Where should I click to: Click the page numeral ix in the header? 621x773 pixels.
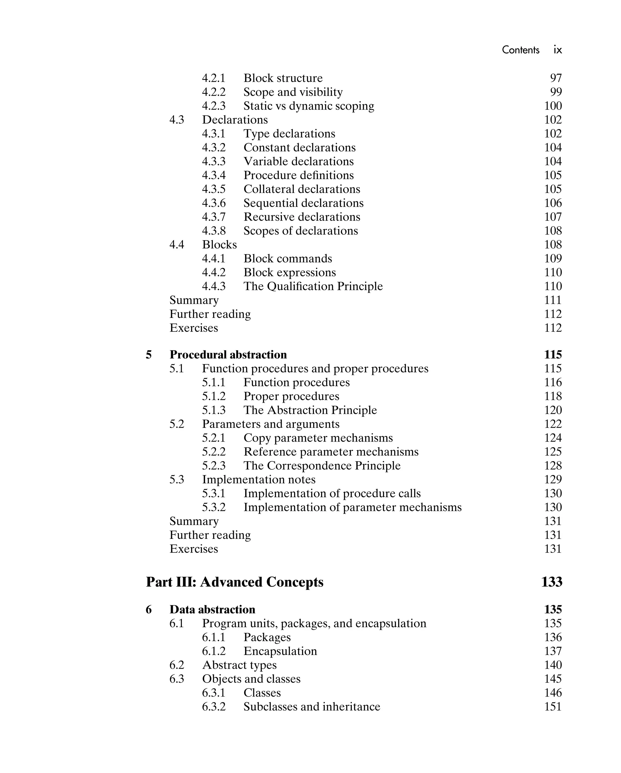(x=558, y=50)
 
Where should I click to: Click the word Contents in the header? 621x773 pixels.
(x=520, y=50)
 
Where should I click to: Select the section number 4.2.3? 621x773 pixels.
(x=214, y=106)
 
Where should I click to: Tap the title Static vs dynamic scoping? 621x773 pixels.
(x=309, y=106)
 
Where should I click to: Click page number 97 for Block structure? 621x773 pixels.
(x=556, y=78)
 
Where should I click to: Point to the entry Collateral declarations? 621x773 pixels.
(x=302, y=189)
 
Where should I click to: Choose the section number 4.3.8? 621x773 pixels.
(x=214, y=230)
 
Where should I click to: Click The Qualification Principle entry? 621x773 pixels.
(x=313, y=286)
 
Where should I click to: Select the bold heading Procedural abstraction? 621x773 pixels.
(x=228, y=355)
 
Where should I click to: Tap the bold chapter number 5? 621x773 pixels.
(x=149, y=355)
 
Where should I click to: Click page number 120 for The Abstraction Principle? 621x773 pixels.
(x=552, y=410)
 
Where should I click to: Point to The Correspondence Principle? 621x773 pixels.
(x=322, y=465)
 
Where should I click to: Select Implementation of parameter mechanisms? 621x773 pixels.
(x=352, y=507)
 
